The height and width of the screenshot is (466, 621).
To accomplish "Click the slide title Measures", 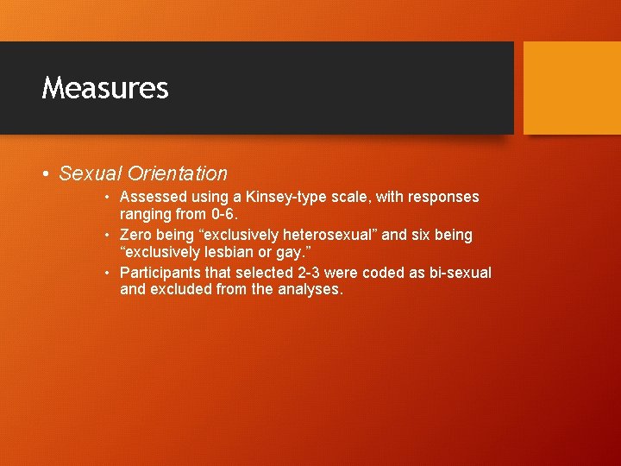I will point(105,88).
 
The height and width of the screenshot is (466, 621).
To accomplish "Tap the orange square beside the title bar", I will point(572,87).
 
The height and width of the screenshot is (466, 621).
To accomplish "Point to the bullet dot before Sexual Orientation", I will point(46,174).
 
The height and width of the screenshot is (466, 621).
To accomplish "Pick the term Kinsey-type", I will point(267,197).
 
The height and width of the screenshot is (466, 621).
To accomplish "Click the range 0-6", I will point(223,214).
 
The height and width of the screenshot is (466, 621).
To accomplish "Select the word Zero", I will point(136,235).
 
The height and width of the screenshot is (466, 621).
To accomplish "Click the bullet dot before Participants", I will point(106,273).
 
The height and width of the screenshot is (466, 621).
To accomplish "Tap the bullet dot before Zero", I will point(106,235).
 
